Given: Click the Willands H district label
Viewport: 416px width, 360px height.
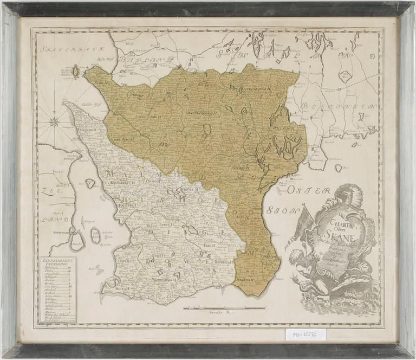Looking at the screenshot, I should point(281,128).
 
